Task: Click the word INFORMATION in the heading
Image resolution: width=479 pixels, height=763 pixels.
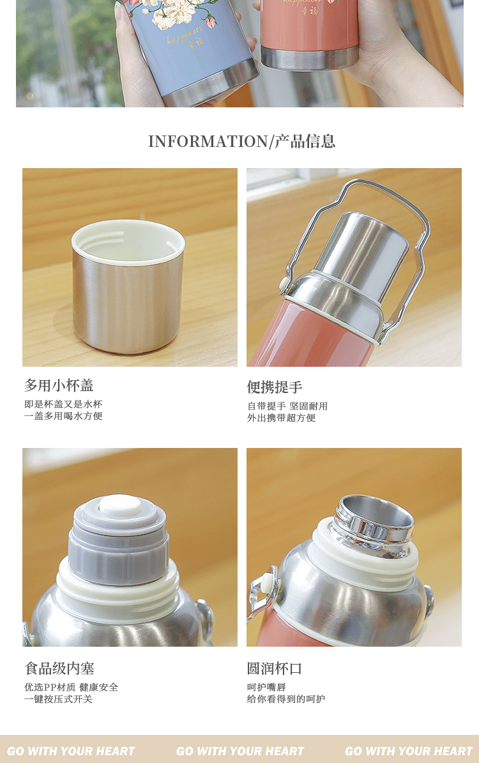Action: click(208, 142)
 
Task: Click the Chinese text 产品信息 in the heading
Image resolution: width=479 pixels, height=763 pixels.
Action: click(305, 142)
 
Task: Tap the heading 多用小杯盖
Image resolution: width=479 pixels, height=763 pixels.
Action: click(59, 385)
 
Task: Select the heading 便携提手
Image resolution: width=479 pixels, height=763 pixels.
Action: click(275, 387)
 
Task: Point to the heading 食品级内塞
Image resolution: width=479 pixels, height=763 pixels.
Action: click(59, 668)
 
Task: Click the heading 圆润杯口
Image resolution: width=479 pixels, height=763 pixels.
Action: click(275, 668)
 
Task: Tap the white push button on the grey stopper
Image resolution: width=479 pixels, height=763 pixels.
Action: click(120, 505)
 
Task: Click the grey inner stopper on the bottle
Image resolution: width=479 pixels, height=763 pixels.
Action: click(119, 540)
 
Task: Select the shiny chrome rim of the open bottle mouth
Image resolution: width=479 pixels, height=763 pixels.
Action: click(374, 523)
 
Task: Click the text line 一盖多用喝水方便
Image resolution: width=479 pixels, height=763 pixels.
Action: click(63, 416)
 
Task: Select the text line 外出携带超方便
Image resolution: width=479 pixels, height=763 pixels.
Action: click(282, 418)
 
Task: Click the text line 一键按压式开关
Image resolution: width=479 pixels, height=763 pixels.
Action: click(58, 699)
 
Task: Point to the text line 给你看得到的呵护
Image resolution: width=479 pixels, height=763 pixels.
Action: click(286, 699)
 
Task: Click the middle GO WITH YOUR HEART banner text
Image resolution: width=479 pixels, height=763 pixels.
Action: click(240, 751)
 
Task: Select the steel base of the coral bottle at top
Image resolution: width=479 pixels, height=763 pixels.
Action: click(309, 58)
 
